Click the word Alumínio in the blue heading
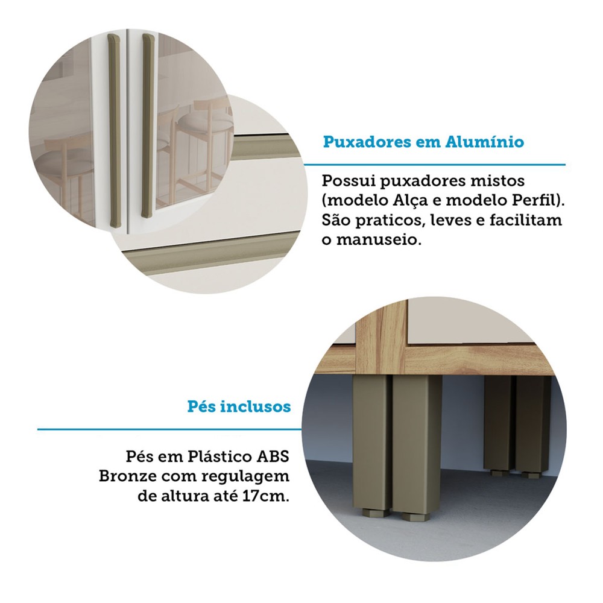485,142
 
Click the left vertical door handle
114,130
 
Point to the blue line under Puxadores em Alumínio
435,165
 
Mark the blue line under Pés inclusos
169,429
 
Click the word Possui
349,180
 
